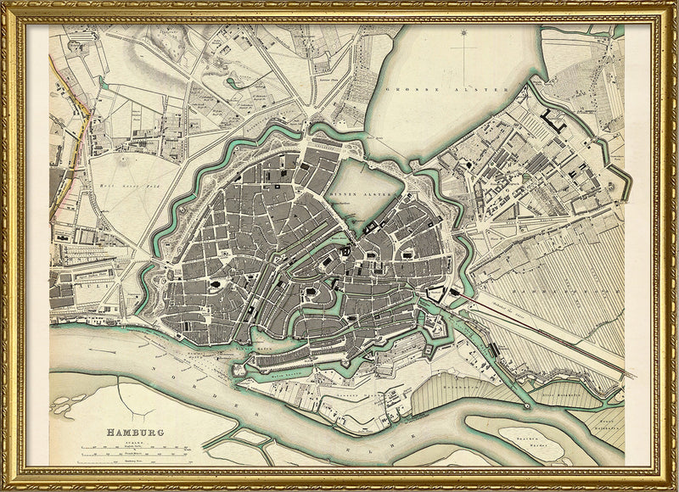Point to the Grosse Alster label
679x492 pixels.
446,89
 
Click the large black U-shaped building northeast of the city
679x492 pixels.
556,120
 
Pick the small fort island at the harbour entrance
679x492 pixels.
239,366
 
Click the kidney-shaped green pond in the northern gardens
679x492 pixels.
233,82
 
